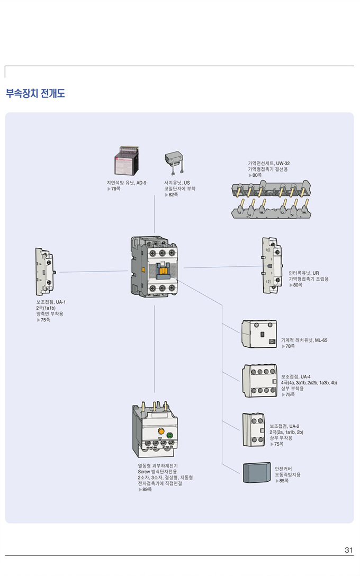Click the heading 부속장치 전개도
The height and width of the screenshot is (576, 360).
click(35, 94)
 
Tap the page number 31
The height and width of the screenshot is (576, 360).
click(348, 550)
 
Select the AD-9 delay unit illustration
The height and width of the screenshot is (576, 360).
click(126, 161)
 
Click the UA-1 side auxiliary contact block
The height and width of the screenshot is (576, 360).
click(44, 271)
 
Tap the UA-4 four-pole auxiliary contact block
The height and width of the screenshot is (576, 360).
click(259, 380)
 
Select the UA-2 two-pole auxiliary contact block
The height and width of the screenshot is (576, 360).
click(254, 430)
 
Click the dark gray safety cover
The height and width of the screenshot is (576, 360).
click(257, 472)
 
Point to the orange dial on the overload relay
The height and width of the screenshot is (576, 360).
click(161, 432)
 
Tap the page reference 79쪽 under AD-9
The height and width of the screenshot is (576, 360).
click(115, 188)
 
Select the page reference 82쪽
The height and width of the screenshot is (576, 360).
click(173, 195)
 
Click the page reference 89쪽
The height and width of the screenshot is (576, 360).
click(147, 489)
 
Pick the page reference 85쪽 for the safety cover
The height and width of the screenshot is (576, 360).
click(283, 481)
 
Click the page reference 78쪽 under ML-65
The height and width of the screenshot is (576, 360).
click(290, 346)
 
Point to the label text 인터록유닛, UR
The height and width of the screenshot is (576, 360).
click(303, 273)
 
